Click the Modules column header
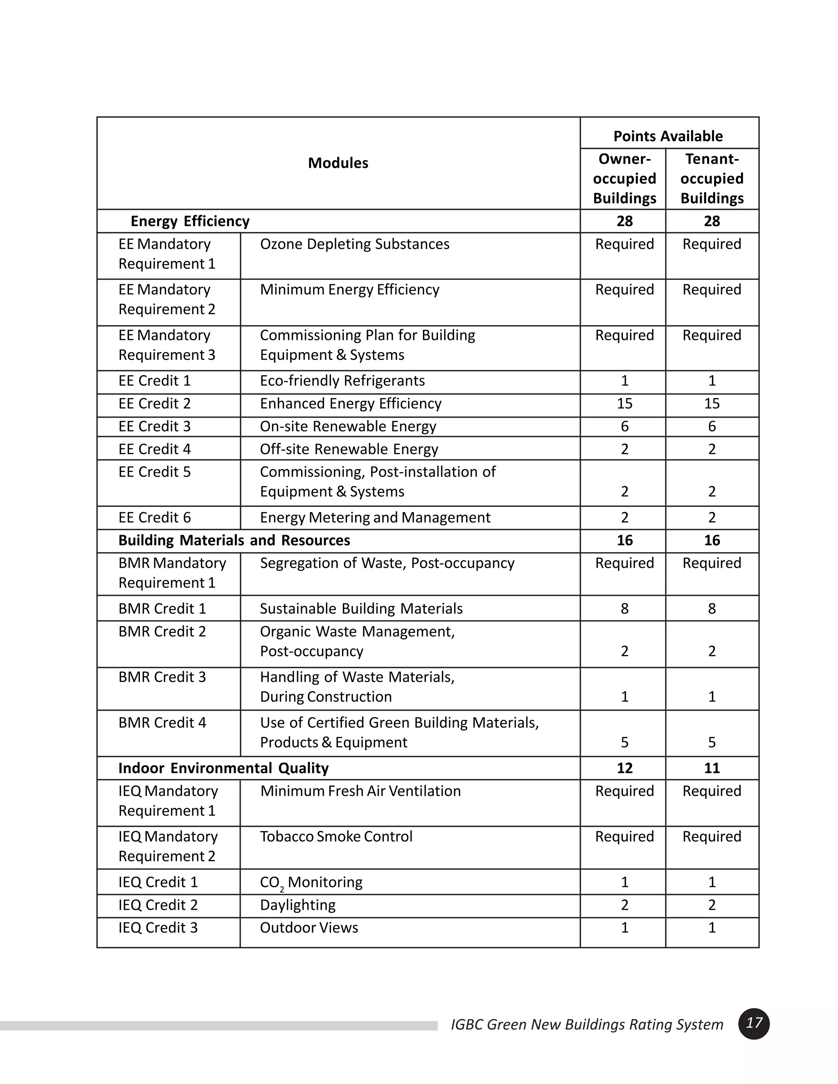click(x=338, y=163)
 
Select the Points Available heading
click(x=668, y=136)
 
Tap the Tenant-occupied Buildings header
click(x=712, y=178)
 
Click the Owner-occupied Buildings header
click(x=624, y=178)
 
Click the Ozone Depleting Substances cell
click(x=354, y=244)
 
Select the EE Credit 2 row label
click(x=154, y=403)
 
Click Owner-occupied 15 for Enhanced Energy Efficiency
click(x=624, y=403)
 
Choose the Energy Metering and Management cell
click(x=375, y=518)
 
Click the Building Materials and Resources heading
click(x=234, y=540)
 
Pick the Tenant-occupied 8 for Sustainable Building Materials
click(x=712, y=609)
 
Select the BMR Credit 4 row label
click(x=162, y=723)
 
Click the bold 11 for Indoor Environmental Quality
click(x=712, y=768)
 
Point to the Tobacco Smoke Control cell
click(x=336, y=837)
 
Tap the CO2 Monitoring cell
click(x=311, y=882)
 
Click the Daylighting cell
click(x=297, y=905)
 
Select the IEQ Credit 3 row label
click(x=158, y=928)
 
